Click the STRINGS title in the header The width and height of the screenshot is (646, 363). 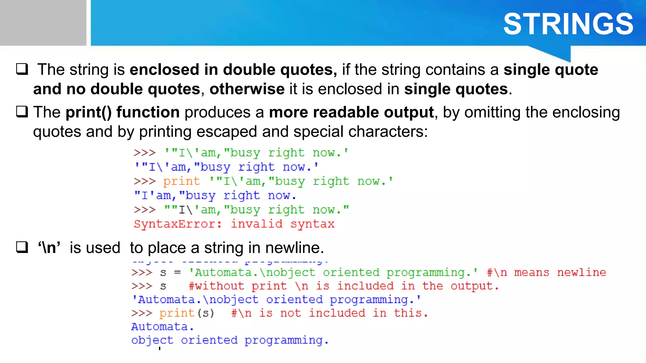[x=568, y=24]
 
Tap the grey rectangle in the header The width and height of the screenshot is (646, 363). [x=43, y=23]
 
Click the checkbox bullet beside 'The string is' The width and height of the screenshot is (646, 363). [x=22, y=69]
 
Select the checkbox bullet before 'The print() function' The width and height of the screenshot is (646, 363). [x=22, y=112]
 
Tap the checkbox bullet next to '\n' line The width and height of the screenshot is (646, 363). [x=22, y=247]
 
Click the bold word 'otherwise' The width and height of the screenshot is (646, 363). [x=247, y=89]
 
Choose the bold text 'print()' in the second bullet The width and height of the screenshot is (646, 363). [x=89, y=112]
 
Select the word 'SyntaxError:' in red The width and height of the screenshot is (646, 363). [x=178, y=224]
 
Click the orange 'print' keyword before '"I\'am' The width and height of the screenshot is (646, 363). [x=181, y=181]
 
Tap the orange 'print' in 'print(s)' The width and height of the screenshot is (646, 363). [x=177, y=313]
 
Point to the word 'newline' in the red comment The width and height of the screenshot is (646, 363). [x=581, y=272]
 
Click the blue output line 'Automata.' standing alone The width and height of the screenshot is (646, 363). [x=162, y=327]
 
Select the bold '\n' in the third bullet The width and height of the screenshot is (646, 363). [x=49, y=248]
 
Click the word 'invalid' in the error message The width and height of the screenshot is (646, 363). [x=256, y=224]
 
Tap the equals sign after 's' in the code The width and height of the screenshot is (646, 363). [x=178, y=272]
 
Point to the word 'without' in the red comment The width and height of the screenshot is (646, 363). [x=220, y=286]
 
